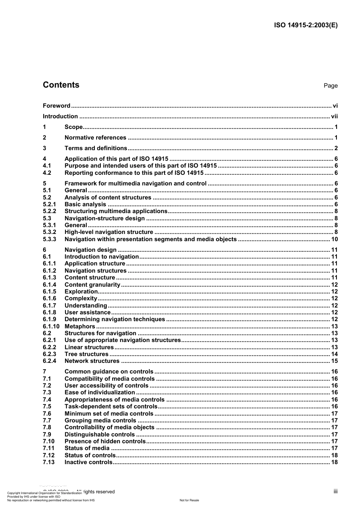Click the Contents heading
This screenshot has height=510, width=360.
61,85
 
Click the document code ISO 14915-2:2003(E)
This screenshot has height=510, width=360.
305,25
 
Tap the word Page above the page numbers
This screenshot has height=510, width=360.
330,86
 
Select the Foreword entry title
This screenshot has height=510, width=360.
56,106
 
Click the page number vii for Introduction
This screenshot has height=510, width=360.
334,116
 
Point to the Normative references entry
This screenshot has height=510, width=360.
95,138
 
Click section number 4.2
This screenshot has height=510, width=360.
47,173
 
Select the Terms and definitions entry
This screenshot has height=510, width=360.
95,148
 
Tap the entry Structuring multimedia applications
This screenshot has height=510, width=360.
116,211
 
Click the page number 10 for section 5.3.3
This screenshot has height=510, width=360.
334,239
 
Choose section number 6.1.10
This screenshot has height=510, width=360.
51,326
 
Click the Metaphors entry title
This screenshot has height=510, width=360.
80,326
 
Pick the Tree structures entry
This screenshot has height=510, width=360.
86,354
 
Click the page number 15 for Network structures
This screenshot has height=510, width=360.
334,361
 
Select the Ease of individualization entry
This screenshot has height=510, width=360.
100,392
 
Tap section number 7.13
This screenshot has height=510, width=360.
49,462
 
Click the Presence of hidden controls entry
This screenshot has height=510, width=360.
105,441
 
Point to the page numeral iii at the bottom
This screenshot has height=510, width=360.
335,491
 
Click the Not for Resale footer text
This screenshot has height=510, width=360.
189,500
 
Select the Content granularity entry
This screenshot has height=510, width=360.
92,285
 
